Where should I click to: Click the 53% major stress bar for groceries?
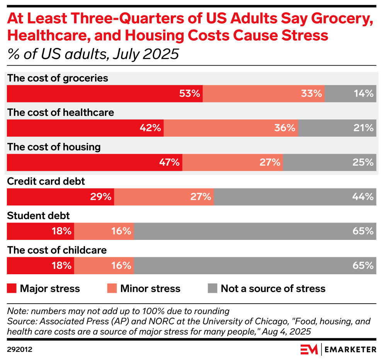pyautogui.click(x=105, y=93)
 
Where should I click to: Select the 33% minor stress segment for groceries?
pyautogui.click(x=264, y=93)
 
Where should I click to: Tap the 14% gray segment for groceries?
pyautogui.click(x=350, y=93)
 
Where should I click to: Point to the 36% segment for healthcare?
pyautogui.click(x=231, y=128)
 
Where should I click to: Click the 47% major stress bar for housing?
pyautogui.click(x=95, y=162)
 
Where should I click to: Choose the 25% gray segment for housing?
pyautogui.click(x=329, y=162)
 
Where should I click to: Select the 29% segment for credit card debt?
pyautogui.click(x=61, y=197)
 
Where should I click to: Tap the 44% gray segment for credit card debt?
pyautogui.click(x=295, y=197)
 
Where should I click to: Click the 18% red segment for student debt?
pyautogui.click(x=41, y=231)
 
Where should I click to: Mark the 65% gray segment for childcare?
pyautogui.click(x=255, y=265)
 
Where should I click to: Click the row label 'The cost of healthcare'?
pyautogui.click(x=61, y=112)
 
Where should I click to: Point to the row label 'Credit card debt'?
pyautogui.click(x=46, y=181)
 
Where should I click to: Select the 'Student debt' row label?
pyautogui.click(x=39, y=216)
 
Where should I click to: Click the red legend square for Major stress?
pyautogui.click(x=12, y=289)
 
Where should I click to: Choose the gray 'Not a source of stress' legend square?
pyautogui.click(x=213, y=289)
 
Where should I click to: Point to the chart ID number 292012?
pyautogui.click(x=19, y=350)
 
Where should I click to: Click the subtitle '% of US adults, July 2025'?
pyautogui.click(x=93, y=54)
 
